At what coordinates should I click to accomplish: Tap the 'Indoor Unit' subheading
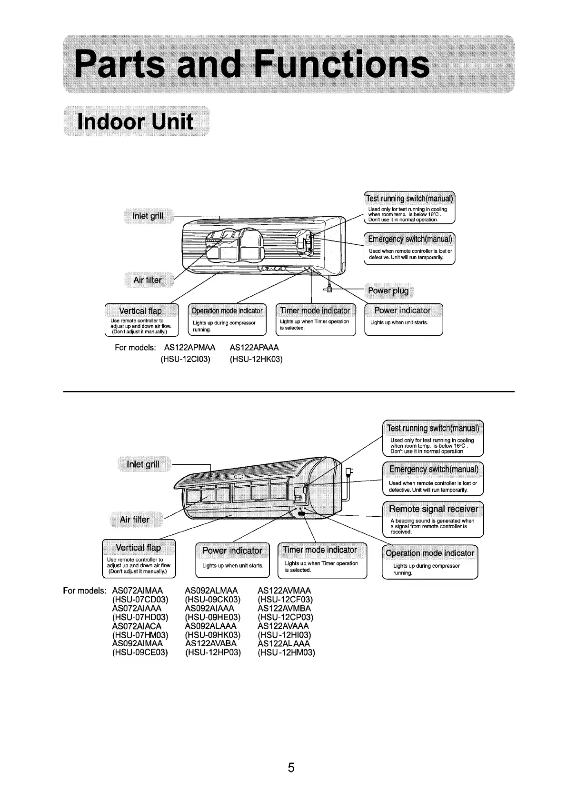[x=135, y=121]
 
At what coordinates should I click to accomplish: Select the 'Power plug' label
[x=388, y=291]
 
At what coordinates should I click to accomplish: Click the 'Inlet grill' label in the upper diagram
[x=148, y=216]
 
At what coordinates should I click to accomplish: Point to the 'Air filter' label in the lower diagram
[x=134, y=520]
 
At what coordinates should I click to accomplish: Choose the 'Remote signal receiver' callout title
[x=433, y=509]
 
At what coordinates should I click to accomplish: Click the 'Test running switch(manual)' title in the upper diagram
[x=409, y=199]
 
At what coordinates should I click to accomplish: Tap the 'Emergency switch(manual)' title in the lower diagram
[x=433, y=469]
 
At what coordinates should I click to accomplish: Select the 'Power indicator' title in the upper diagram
[x=402, y=311]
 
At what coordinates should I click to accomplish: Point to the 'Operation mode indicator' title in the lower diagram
[x=430, y=553]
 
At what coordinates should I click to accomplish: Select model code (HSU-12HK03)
[x=256, y=359]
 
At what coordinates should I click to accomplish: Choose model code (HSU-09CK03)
[x=213, y=600]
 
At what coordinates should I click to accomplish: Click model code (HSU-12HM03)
[x=286, y=652]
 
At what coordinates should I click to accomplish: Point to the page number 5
[x=291, y=767]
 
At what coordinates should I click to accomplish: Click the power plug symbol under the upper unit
[x=328, y=289]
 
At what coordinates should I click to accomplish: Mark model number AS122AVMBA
[x=284, y=609]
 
